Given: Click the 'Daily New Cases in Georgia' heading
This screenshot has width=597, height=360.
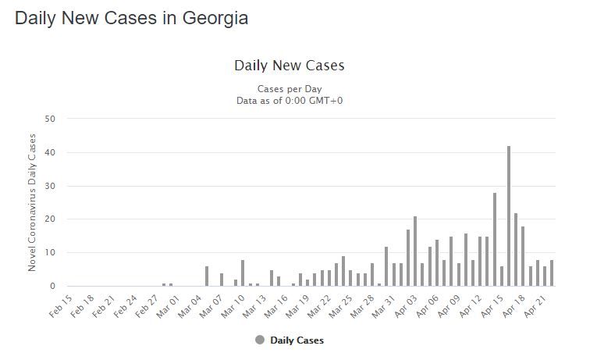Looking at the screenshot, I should click(x=131, y=18).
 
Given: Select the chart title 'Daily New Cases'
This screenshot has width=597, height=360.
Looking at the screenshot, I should click(x=289, y=66).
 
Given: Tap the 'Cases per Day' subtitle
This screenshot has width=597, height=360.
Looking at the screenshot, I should click(x=289, y=88).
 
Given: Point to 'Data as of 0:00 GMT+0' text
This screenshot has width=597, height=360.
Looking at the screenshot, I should click(x=289, y=100).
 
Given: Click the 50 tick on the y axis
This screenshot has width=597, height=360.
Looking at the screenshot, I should click(x=50, y=119).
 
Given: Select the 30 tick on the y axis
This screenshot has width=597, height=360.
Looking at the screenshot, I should click(x=50, y=186).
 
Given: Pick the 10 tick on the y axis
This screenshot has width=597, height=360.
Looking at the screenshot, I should click(x=50, y=253).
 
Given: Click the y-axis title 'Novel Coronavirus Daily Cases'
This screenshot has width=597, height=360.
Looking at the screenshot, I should click(x=32, y=202).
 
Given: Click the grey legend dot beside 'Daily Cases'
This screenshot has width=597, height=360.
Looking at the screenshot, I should click(x=260, y=340).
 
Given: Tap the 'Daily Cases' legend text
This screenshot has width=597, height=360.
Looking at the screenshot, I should click(x=297, y=340).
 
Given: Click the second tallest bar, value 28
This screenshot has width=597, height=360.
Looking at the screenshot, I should click(x=495, y=240).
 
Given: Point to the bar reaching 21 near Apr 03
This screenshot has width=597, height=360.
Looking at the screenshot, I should click(x=416, y=251).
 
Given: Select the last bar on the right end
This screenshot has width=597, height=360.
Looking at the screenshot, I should click(x=552, y=273).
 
